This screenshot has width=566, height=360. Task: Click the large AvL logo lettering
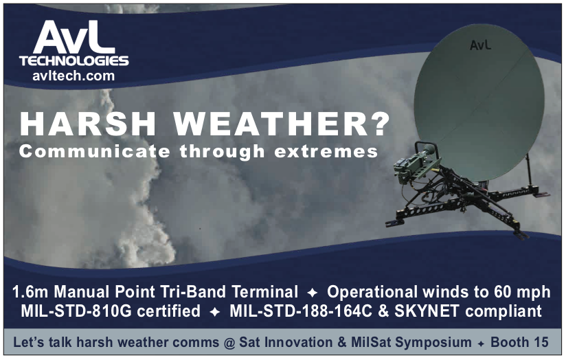pyautogui.click(x=74, y=37)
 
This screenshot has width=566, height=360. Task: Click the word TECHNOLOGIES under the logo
pyautogui.click(x=74, y=60)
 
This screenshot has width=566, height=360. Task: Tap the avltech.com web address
pyautogui.click(x=73, y=76)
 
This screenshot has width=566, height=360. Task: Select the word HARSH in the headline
pyautogui.click(x=88, y=124)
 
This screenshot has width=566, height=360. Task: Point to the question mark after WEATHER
pyautogui.click(x=379, y=124)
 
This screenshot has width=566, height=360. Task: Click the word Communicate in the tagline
pyautogui.click(x=94, y=151)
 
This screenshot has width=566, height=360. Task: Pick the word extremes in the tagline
pyautogui.click(x=326, y=152)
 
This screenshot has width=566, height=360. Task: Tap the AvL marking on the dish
pyautogui.click(x=480, y=45)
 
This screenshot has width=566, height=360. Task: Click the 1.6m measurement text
pyautogui.click(x=30, y=292)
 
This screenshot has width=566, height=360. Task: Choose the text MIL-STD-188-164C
pyautogui.click(x=301, y=311)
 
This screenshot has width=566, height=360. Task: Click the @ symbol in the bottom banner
pyautogui.click(x=229, y=342)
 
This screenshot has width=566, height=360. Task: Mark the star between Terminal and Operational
pyautogui.click(x=313, y=293)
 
